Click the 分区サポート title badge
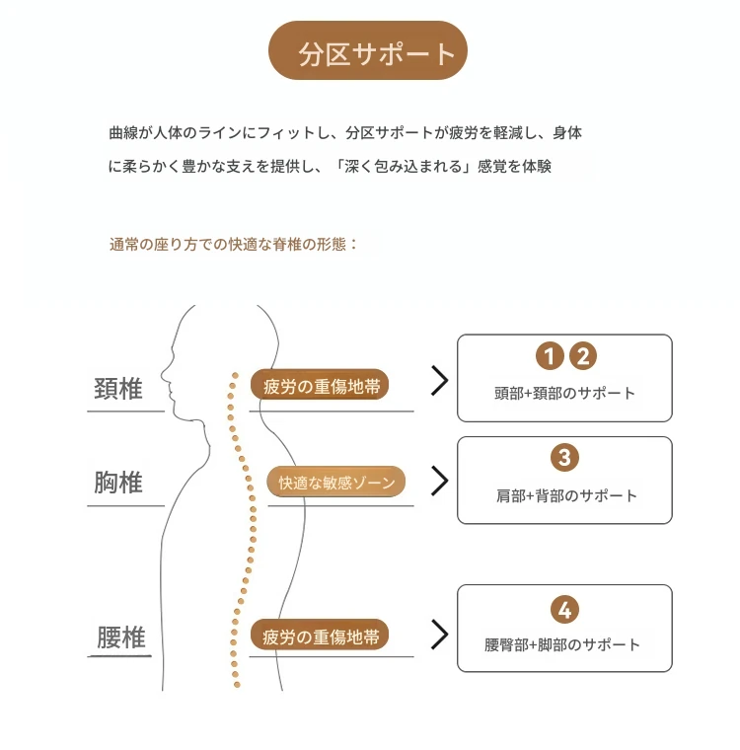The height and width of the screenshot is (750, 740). click(x=367, y=50)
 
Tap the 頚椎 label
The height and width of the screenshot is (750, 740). click(x=118, y=389)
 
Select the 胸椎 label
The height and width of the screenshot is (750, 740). click(x=118, y=483)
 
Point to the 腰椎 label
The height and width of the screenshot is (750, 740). click(x=121, y=637)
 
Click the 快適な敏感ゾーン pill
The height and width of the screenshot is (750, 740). click(x=336, y=482)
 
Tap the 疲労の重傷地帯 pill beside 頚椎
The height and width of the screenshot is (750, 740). click(x=320, y=385)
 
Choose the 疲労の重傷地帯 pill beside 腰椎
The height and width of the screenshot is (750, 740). click(x=320, y=635)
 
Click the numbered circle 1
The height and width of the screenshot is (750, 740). click(x=550, y=356)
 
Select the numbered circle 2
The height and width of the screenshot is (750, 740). click(x=582, y=356)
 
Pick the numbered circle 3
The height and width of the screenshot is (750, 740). click(x=565, y=458)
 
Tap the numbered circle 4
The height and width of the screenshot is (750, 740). click(x=565, y=610)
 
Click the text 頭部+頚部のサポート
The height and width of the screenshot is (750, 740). click(x=565, y=393)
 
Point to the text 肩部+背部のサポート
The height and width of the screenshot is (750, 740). click(x=566, y=495)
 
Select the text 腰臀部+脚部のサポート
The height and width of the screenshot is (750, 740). click(x=562, y=644)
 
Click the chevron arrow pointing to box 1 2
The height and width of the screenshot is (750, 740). click(x=440, y=381)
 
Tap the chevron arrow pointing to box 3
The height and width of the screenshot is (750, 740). click(x=440, y=481)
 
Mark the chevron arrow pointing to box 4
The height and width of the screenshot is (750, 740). click(x=440, y=635)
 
